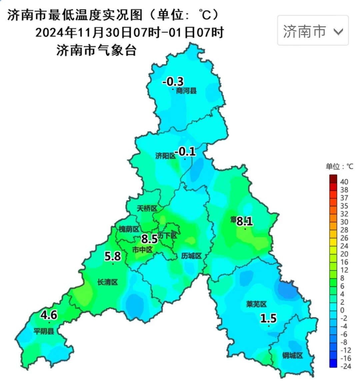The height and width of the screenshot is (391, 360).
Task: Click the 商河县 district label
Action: pyautogui.click(x=186, y=91)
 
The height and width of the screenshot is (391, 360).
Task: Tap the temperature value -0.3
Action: pyautogui.click(x=173, y=81)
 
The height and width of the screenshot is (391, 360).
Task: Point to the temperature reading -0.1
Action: pyautogui.click(x=186, y=151)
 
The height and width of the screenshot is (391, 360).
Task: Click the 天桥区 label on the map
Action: pyautogui.click(x=147, y=209)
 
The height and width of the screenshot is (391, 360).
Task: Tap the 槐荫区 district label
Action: pyautogui.click(x=129, y=229)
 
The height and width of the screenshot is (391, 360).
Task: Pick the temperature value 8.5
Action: pyautogui.click(x=149, y=239)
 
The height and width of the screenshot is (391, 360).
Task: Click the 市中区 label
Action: pyautogui.click(x=142, y=250)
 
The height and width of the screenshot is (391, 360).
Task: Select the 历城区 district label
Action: pyautogui.click(x=191, y=256)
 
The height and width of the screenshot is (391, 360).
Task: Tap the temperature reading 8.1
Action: pyautogui.click(x=245, y=221)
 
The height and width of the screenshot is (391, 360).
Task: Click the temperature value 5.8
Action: pyautogui.click(x=113, y=256)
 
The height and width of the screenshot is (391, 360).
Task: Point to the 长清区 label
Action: pyautogui.click(x=107, y=282)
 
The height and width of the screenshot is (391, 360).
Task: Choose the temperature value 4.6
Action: pyautogui.click(x=49, y=315)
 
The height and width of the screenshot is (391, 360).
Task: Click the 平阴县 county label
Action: pyautogui.click(x=44, y=331)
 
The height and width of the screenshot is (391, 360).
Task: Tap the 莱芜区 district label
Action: pyautogui.click(x=256, y=304)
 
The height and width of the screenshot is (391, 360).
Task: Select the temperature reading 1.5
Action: pyautogui.click(x=268, y=318)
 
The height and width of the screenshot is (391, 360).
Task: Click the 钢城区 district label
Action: pyautogui.click(x=292, y=356)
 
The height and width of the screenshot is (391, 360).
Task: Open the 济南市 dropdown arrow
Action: pyautogui.click(x=338, y=32)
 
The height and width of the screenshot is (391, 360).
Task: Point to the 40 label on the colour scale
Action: pyautogui.click(x=344, y=182)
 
